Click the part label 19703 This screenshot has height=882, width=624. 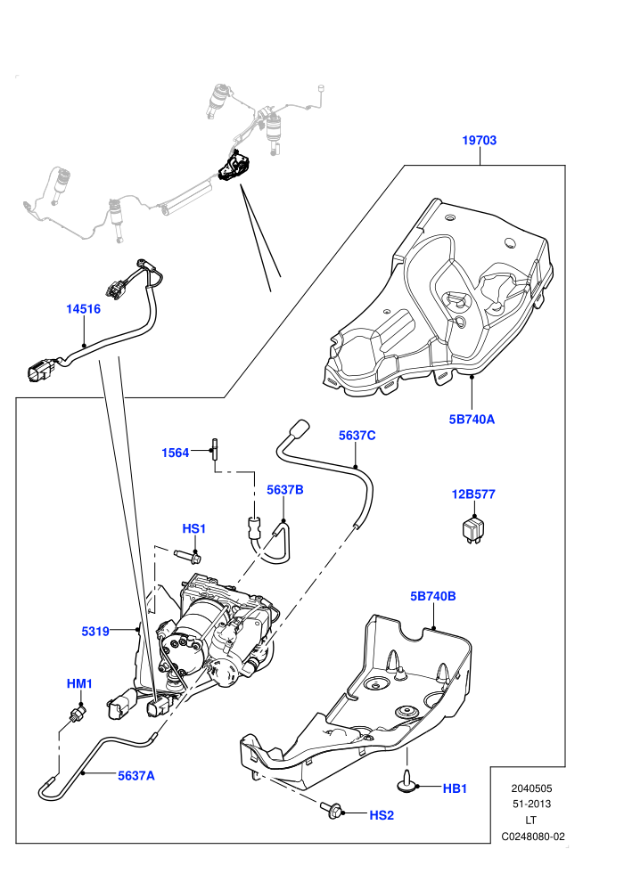point(480,140)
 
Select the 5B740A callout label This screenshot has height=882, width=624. point(472,419)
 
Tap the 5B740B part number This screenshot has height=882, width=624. point(432,596)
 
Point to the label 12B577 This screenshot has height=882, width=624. point(473,494)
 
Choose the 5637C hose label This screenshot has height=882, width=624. point(357,436)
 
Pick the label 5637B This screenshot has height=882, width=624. point(284,490)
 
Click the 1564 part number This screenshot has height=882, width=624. point(175,453)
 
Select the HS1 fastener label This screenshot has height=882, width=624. point(194,528)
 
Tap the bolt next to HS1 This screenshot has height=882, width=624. point(188,556)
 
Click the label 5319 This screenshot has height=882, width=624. point(95,632)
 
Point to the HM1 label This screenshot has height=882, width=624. point(79,684)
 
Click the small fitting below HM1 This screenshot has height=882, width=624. point(78,715)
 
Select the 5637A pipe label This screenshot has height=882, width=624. point(136,776)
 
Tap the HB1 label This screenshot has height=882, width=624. point(455,788)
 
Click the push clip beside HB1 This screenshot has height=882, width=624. point(406,782)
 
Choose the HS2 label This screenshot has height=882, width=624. point(382,815)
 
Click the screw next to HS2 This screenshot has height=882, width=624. point(332,809)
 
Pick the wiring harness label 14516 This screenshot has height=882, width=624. point(83,309)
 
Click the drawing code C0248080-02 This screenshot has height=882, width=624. point(533,837)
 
